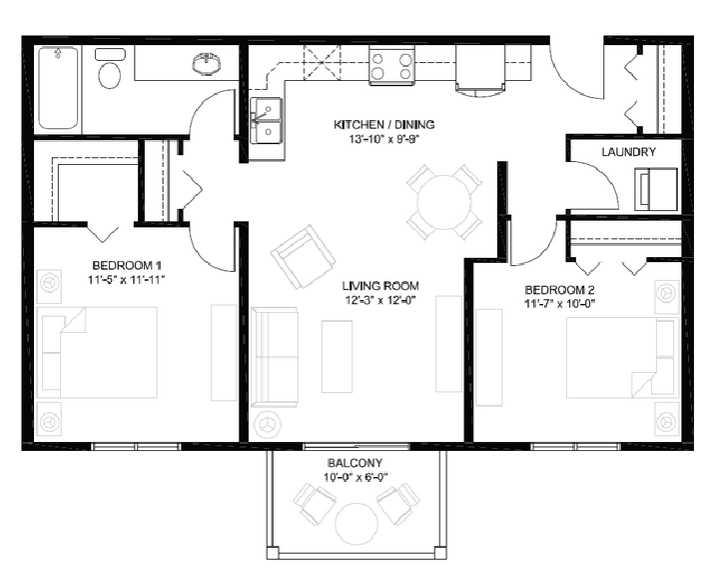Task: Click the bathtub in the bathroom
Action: coord(58,88)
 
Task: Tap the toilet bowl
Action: coord(110,75)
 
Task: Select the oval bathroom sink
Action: coord(207,63)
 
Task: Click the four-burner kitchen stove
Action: coord(391,66)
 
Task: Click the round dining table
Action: coord(444,202)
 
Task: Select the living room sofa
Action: coord(275,357)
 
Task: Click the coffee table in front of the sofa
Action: coord(337,356)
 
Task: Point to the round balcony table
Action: coord(357,523)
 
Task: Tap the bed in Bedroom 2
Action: coord(622,357)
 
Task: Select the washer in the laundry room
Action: coord(656,189)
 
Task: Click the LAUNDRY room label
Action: coord(629,152)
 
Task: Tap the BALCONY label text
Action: coord(355,463)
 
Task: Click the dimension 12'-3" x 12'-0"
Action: coord(380,300)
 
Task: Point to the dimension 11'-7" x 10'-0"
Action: coord(560,304)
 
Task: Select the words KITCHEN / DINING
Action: coord(383,124)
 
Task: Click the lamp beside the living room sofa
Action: coord(266,424)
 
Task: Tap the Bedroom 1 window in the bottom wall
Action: coord(137,446)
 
